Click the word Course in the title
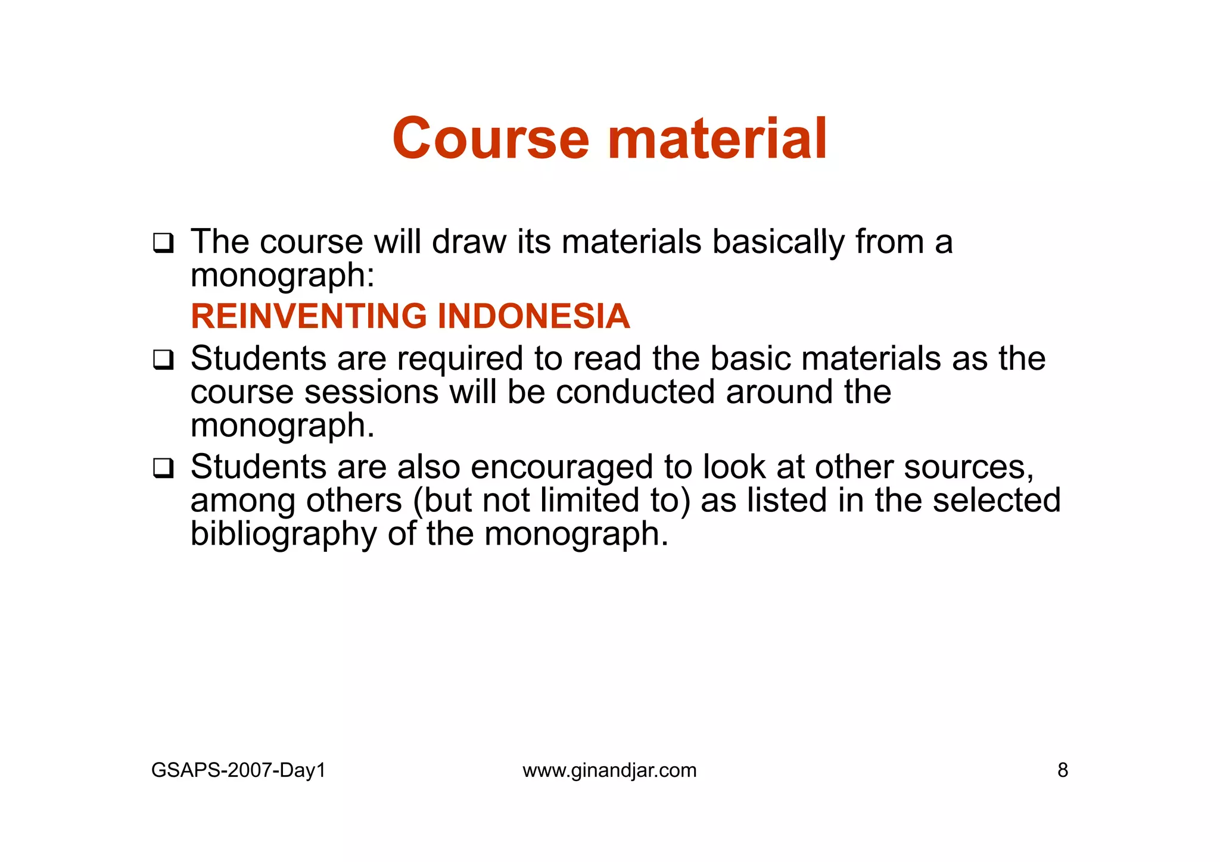click(490, 139)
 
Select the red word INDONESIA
click(533, 316)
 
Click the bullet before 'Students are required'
click(163, 360)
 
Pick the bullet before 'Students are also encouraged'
click(163, 469)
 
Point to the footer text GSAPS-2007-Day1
click(238, 770)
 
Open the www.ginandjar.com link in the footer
click(609, 770)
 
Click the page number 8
click(1063, 770)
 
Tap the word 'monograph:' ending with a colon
click(282, 276)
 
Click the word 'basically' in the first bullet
click(778, 243)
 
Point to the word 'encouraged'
click(562, 467)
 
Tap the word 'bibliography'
click(284, 534)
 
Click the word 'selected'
click(997, 500)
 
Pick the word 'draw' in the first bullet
click(468, 243)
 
